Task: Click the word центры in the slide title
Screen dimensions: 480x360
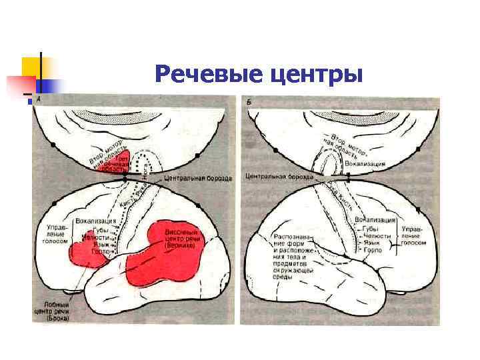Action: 315,75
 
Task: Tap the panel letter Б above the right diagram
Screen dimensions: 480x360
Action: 249,101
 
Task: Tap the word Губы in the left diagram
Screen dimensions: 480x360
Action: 91,229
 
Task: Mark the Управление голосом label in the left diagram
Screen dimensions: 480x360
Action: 56,235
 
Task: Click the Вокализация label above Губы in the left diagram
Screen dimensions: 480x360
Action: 96,219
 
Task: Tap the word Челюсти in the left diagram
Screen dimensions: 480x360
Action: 93,237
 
